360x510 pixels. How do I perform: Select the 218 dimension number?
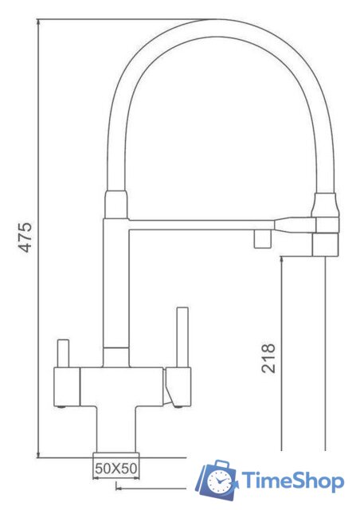pos(268,359)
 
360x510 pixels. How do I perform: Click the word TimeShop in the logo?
pos(293,481)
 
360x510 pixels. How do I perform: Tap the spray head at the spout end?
pos(325,244)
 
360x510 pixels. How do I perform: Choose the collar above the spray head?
pos(324,208)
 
